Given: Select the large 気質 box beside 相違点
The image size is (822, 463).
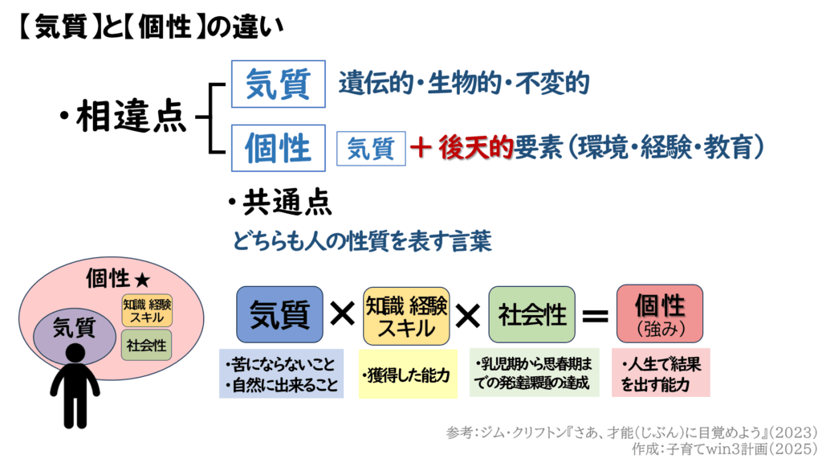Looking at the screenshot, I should pos(278,84).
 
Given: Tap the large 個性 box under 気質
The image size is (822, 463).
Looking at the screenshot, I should pos(278,147).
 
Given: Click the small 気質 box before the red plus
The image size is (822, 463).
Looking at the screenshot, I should pos(371,148).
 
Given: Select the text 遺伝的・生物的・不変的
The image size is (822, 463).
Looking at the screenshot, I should pos(464,83).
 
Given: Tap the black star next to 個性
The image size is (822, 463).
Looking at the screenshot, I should pos(142,281).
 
